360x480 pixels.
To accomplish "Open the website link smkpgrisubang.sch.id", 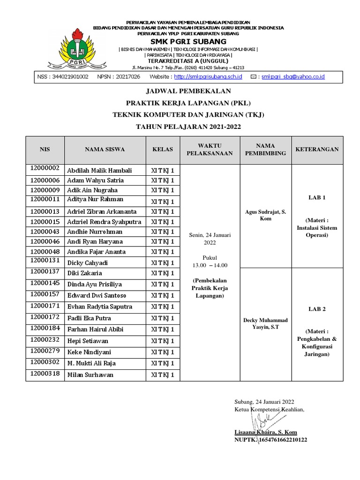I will coord(208,76).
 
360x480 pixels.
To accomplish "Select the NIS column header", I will coord(45,150).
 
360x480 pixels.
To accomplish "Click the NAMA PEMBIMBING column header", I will coord(265,150).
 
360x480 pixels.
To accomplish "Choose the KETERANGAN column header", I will coord(317,150).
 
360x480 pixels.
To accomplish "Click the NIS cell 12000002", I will coord(45,168).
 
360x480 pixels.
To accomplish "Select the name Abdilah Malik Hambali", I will coord(99,170).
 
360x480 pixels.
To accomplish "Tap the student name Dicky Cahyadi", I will coord(88,262).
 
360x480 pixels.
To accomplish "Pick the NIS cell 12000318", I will coord(45,373).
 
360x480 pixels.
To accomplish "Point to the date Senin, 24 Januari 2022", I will coord(210,239).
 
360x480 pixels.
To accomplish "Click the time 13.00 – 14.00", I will coord(210,265).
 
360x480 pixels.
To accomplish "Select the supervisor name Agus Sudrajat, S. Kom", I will coord(265,215).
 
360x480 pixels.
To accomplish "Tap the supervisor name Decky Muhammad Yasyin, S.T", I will coord(265,323).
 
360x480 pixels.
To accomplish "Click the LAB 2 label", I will coord(317,309).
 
